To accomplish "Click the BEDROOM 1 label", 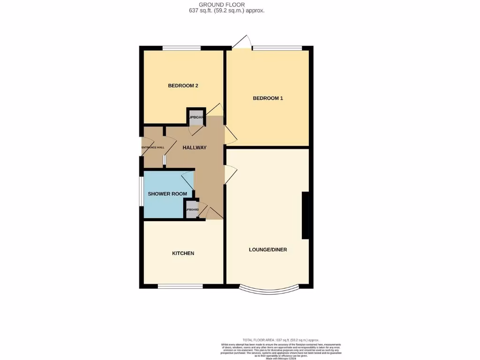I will point(268,98).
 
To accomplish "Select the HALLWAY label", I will point(195,148).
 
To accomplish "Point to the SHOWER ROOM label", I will point(167,194).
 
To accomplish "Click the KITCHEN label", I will point(183,253).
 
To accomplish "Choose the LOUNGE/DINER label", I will point(268,250).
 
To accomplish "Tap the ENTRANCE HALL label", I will point(153,148).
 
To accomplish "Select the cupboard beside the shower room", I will point(192,210).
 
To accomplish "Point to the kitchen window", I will point(180,286).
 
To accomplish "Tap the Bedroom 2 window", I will point(182,48).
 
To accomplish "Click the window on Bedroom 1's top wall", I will point(277,48).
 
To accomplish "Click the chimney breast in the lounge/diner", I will point(305,216).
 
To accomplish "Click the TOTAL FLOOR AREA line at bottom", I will point(280,340).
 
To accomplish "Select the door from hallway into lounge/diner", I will point(230,174).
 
